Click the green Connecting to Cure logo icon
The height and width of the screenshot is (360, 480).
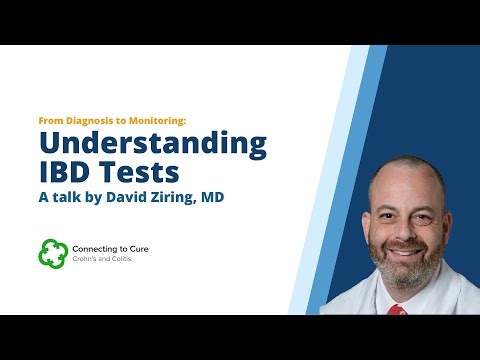(x=52, y=253)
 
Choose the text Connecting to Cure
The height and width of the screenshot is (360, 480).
(x=113, y=247)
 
